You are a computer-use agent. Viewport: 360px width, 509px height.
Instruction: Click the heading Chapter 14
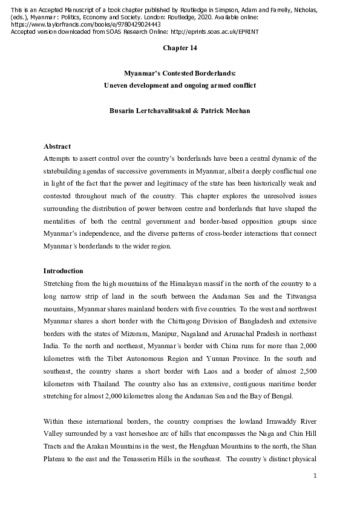point(179,47)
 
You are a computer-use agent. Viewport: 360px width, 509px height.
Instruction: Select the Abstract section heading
point(57,147)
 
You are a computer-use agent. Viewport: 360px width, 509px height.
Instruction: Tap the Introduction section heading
point(64,271)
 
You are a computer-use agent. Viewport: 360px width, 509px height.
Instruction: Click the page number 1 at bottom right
point(315,476)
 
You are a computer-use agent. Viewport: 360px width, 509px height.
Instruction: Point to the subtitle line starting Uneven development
point(180,85)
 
